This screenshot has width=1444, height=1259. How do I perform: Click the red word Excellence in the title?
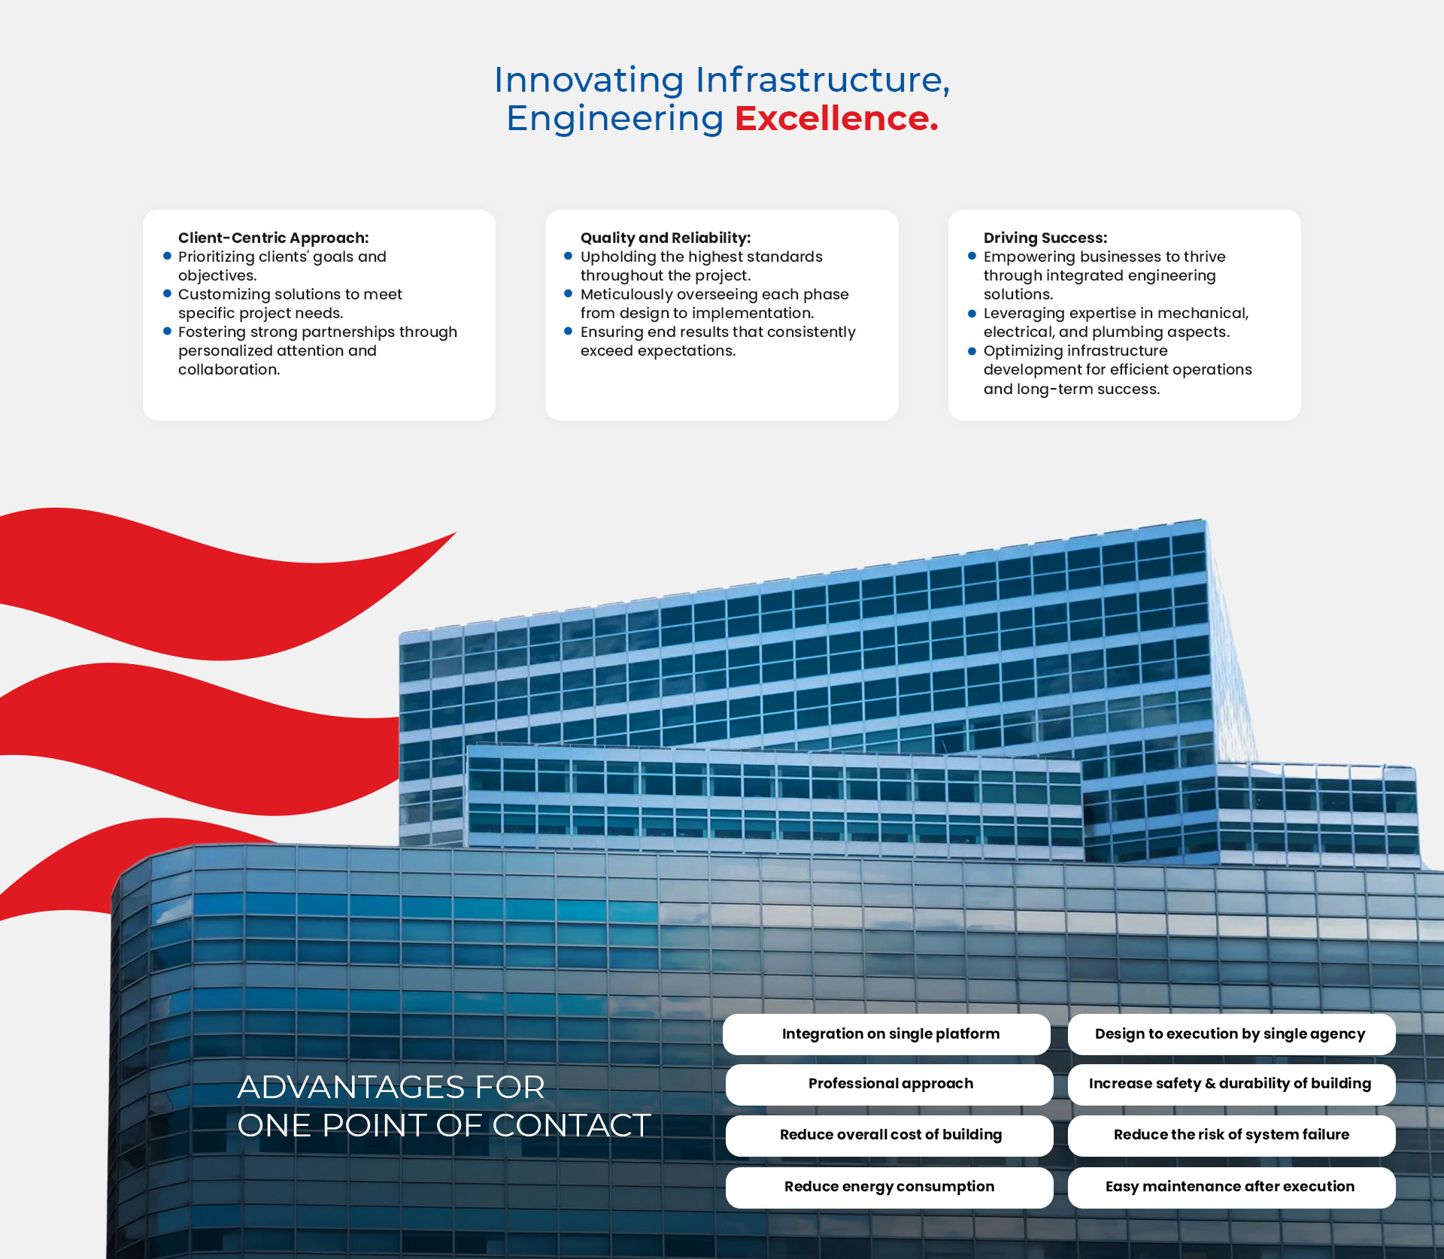point(836,119)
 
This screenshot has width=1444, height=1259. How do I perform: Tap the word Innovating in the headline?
point(589,80)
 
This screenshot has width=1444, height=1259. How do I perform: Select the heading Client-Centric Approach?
point(273,238)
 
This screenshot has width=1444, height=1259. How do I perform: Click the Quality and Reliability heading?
point(666,238)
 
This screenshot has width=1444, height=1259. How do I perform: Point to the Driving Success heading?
point(1045,238)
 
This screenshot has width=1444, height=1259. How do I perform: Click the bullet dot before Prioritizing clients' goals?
point(167,256)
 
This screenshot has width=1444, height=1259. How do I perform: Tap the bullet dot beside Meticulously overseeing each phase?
point(568,293)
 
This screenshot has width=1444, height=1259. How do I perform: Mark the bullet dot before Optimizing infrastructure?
point(972,350)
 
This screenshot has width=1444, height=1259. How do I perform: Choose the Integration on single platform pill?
point(887,1034)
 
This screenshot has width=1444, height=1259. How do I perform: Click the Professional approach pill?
point(889,1084)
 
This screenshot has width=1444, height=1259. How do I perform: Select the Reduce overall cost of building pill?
point(889,1135)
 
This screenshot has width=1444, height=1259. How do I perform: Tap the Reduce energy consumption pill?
point(889,1187)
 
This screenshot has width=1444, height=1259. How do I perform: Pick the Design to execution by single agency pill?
point(1231,1034)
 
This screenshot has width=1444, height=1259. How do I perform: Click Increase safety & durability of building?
point(1231,1084)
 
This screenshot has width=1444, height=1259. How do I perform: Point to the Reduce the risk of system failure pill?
point(1231,1135)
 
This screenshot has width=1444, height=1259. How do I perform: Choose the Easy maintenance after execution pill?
point(1231,1187)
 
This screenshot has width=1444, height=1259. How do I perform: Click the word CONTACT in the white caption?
point(571,1126)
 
